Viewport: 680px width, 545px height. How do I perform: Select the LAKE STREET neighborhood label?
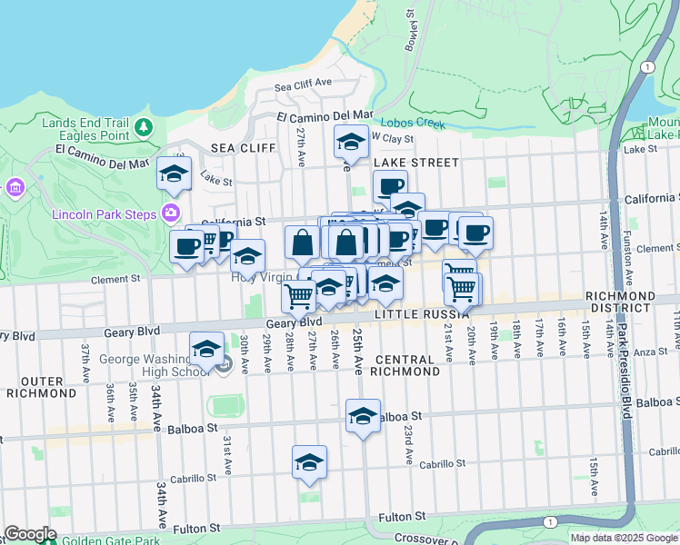pos(416,163)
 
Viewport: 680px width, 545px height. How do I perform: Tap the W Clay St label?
pos(392,139)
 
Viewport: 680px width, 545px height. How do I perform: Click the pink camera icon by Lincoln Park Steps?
pos(170,213)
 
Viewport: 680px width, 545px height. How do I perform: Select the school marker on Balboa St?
pos(363,417)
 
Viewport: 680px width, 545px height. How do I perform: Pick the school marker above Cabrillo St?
pos(309,462)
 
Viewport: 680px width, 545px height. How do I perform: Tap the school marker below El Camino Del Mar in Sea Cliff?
pos(174,174)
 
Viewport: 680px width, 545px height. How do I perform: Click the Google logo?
pos(31,534)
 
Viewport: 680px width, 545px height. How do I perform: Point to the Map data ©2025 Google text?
pos(623,538)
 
